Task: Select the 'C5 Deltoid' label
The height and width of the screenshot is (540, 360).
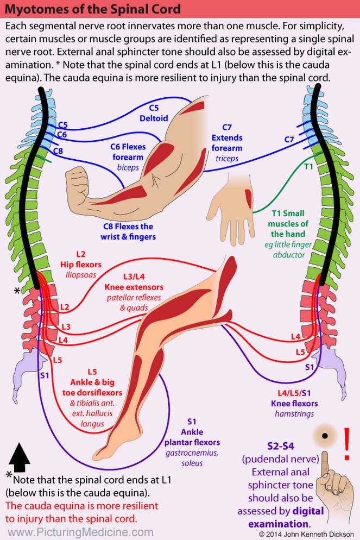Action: (154, 113)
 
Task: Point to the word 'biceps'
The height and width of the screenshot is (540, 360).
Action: (128, 167)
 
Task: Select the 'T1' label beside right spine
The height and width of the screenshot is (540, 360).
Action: (308, 167)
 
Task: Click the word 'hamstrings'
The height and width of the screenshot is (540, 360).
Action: (294, 413)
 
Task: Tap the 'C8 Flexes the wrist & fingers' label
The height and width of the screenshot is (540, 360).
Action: (128, 231)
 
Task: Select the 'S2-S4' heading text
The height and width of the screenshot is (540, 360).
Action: (282, 447)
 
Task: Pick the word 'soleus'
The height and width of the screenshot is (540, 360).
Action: (192, 462)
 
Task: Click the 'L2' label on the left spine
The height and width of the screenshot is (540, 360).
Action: (64, 307)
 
